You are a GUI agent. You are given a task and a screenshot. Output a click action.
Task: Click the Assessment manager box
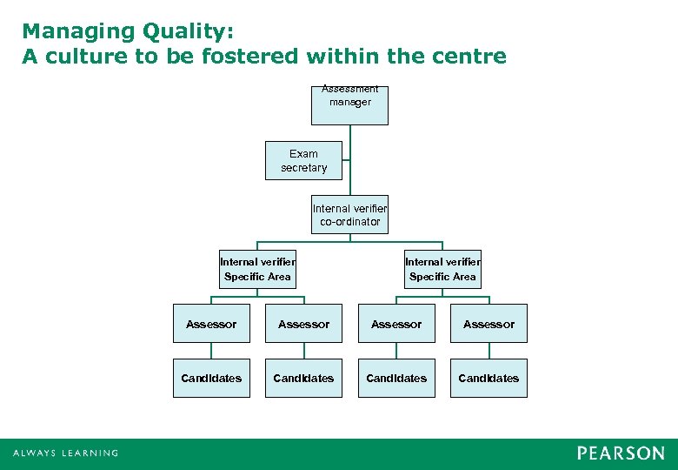(x=349, y=104)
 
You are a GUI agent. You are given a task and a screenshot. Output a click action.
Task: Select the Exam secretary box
(x=303, y=160)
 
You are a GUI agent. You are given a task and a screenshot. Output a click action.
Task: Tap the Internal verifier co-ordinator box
(x=349, y=214)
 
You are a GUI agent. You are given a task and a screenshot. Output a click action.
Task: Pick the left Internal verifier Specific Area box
(x=257, y=268)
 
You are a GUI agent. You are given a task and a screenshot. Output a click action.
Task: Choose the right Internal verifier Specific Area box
(x=442, y=268)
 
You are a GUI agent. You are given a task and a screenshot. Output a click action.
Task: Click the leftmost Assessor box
(x=211, y=324)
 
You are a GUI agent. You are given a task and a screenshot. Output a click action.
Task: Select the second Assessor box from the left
(x=303, y=324)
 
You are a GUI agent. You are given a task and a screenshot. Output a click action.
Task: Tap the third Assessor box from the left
(x=396, y=324)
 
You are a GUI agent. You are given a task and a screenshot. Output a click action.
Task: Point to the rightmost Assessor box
(x=489, y=324)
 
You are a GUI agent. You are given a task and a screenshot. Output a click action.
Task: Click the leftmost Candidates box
(x=211, y=378)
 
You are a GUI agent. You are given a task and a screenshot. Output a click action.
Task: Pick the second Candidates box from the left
(x=303, y=378)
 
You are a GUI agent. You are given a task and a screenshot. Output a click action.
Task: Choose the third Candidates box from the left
(x=396, y=378)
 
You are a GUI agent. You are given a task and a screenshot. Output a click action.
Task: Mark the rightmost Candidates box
(x=489, y=378)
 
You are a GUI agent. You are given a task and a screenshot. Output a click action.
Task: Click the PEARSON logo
(x=620, y=453)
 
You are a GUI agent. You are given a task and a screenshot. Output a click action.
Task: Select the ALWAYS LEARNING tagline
(x=65, y=453)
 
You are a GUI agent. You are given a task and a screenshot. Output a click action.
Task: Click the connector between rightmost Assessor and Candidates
(x=489, y=351)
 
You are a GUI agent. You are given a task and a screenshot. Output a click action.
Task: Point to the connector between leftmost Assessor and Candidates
(x=211, y=351)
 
